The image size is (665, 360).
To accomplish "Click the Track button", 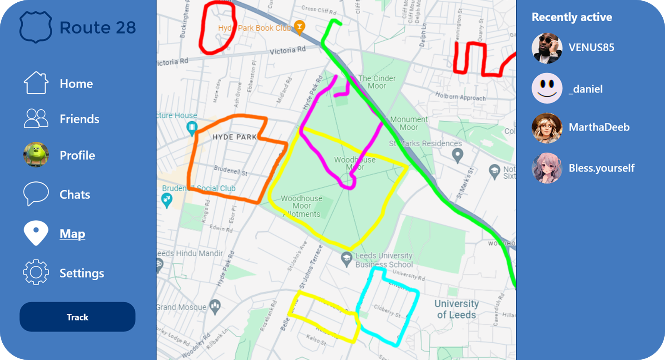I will pyautogui.click(x=77, y=317).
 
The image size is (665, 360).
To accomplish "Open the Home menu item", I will pyautogui.click(x=76, y=84).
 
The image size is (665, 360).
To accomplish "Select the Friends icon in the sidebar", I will pyautogui.click(x=36, y=118).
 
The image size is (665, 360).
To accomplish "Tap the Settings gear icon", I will pyautogui.click(x=36, y=272).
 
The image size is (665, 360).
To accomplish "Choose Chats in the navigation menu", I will pyautogui.click(x=75, y=194).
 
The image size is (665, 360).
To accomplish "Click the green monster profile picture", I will pyautogui.click(x=36, y=155).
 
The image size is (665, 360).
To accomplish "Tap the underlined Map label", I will pyautogui.click(x=72, y=234).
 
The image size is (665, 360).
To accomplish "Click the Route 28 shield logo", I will pyautogui.click(x=36, y=27).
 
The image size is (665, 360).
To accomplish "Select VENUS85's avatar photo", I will pyautogui.click(x=547, y=48).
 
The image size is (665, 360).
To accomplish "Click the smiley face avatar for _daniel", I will pyautogui.click(x=547, y=88).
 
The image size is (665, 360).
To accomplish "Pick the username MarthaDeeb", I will pyautogui.click(x=599, y=127).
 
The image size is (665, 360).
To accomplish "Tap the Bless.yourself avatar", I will pyautogui.click(x=547, y=168).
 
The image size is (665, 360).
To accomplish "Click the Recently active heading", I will pyautogui.click(x=571, y=17).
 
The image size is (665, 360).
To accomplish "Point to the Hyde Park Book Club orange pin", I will pyautogui.click(x=299, y=27).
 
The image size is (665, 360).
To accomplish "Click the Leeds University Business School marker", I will pyautogui.click(x=347, y=259).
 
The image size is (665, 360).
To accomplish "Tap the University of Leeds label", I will pyautogui.click(x=456, y=309).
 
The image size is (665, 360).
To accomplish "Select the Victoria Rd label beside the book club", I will pyautogui.click(x=287, y=50).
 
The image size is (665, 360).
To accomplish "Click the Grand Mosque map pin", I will pyautogui.click(x=215, y=306).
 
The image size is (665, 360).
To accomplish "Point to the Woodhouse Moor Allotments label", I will pyautogui.click(x=301, y=206).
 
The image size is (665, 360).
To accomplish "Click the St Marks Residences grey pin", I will pyautogui.click(x=457, y=155).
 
